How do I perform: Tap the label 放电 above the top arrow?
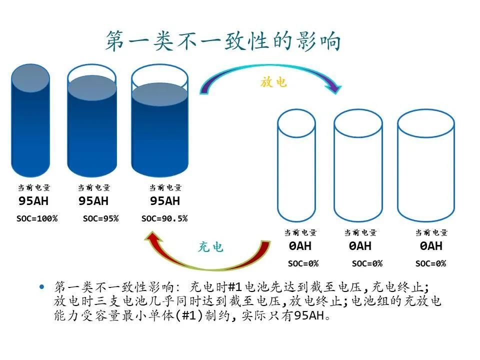[273, 82]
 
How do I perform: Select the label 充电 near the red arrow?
[210, 247]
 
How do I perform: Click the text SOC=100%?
[37, 218]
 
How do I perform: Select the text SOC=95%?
[100, 218]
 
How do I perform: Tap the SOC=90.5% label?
[164, 218]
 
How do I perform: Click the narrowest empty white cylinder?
[296, 165]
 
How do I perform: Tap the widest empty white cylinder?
[426, 165]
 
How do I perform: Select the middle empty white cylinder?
[358, 165]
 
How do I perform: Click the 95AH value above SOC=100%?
[33, 201]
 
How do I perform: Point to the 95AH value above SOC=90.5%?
[165, 201]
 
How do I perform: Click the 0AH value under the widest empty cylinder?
[431, 246]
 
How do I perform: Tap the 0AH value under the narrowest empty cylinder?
[300, 246]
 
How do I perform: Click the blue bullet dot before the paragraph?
[42, 287]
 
